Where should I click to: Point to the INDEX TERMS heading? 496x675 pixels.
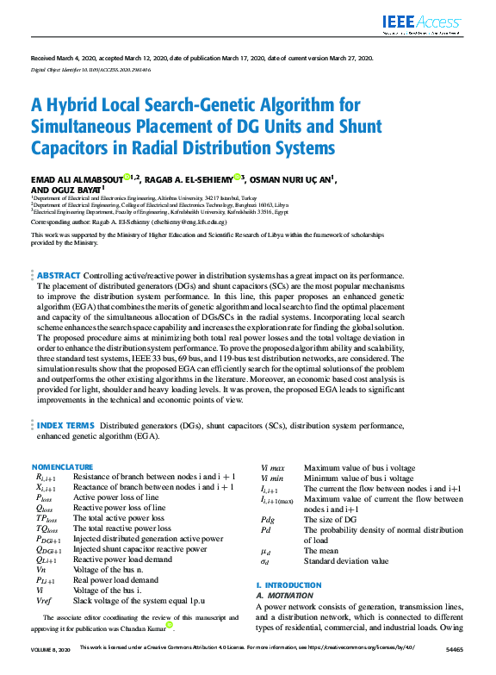tap(66, 426)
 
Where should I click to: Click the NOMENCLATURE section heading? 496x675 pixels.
tap(62, 466)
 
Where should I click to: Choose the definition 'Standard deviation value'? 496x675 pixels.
tap(345, 560)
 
